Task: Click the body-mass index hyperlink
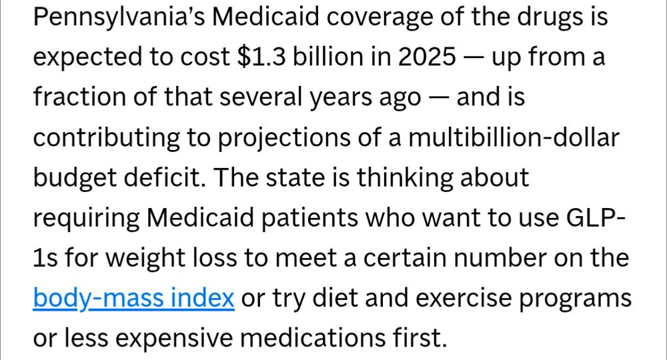(x=133, y=298)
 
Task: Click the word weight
(x=147, y=258)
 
